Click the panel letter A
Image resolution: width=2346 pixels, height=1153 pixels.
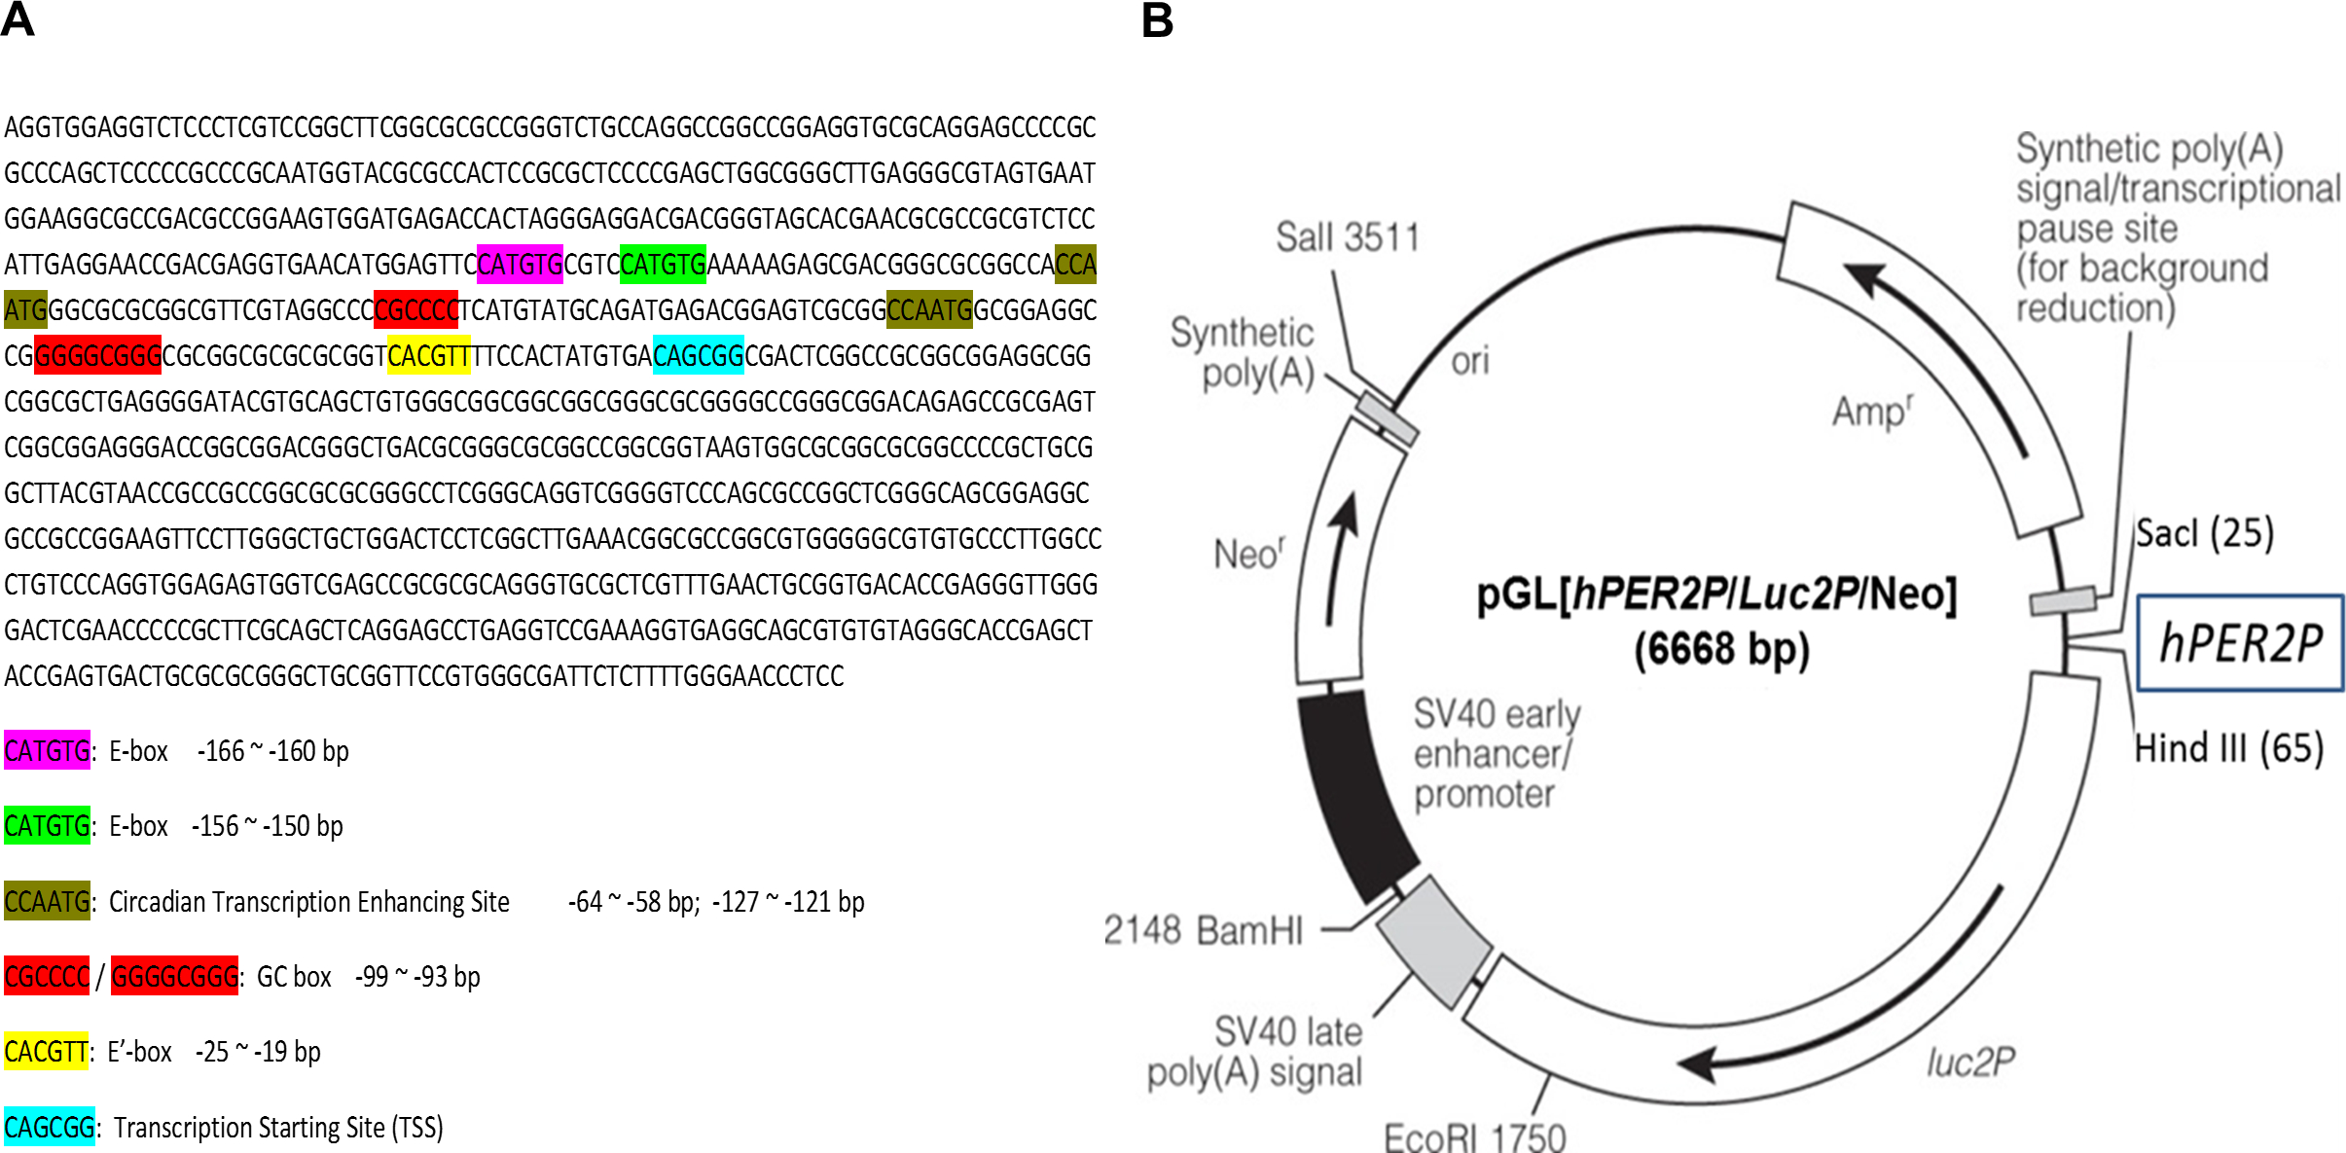coord(18,19)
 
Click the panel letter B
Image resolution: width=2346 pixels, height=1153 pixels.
coord(1157,19)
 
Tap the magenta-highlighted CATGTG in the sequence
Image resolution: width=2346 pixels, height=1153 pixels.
coord(520,264)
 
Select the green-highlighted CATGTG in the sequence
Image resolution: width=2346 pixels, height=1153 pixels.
coord(663,264)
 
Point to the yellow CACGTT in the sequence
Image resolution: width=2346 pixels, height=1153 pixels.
coord(428,355)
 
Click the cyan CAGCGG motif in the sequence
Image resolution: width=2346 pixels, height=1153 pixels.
coord(699,355)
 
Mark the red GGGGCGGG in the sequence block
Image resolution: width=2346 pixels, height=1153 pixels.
coord(97,355)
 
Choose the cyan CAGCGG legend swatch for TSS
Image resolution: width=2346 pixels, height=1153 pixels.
coord(49,1127)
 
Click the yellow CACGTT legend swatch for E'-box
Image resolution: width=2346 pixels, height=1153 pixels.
coord(46,1051)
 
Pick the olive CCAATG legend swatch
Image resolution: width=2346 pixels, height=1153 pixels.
coord(47,901)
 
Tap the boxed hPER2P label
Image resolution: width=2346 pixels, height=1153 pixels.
coord(2240,643)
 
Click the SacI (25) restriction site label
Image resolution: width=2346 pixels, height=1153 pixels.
coord(2204,533)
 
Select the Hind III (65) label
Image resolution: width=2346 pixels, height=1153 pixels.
coord(2228,748)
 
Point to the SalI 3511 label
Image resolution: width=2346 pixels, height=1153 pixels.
coord(1348,236)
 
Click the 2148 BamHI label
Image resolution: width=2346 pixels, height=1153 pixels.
coord(1203,930)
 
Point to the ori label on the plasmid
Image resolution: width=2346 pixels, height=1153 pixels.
coord(1470,361)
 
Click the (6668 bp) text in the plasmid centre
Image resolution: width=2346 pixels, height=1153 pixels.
coord(1721,649)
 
